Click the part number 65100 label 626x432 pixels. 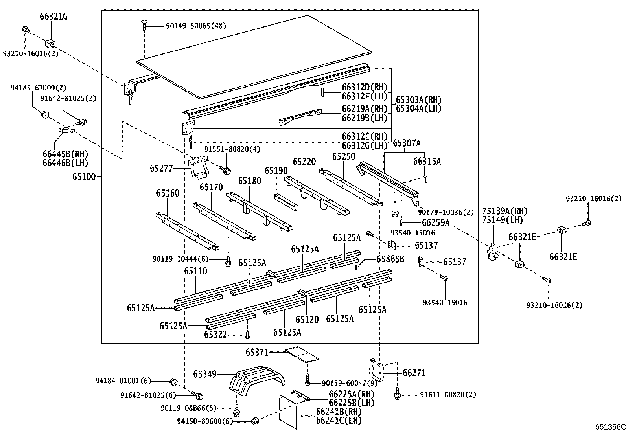[x=84, y=177]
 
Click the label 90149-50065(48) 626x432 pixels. [x=195, y=26]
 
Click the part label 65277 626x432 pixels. [x=161, y=168]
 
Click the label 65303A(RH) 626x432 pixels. [x=418, y=99]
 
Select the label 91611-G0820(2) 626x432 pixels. [x=447, y=394]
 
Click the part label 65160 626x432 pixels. [x=168, y=193]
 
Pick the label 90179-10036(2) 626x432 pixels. [x=446, y=212]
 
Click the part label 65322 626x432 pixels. [x=215, y=334]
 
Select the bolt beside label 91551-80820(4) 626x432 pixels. [x=226, y=170]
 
